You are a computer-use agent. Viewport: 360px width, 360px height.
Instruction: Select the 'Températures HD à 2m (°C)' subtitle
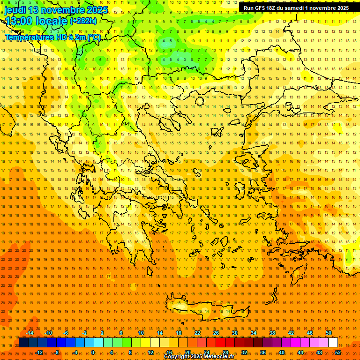[x=52, y=37]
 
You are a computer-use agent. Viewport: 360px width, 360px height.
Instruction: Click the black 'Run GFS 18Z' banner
[x=296, y=8]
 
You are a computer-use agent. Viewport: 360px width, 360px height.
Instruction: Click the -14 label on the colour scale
[x=30, y=333]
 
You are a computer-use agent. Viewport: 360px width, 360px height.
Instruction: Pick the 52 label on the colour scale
[x=337, y=352]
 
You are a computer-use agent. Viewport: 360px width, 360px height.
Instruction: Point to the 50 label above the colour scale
[x=329, y=333]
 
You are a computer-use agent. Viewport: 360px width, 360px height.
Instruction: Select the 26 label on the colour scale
[x=216, y=333]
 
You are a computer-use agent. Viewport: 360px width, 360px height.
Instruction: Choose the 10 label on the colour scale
[x=141, y=333]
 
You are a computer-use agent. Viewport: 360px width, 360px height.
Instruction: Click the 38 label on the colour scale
[x=272, y=333]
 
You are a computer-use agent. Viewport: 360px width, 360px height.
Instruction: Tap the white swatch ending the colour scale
[x=333, y=342]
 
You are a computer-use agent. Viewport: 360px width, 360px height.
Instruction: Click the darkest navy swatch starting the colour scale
[x=23, y=342]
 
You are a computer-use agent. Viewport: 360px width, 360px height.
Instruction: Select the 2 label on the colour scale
[x=102, y=333]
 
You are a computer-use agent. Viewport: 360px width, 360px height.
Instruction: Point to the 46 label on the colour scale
[x=310, y=333]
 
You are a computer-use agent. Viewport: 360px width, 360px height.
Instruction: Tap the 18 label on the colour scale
[x=179, y=333]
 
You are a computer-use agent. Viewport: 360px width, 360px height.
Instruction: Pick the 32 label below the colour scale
[x=244, y=352]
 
